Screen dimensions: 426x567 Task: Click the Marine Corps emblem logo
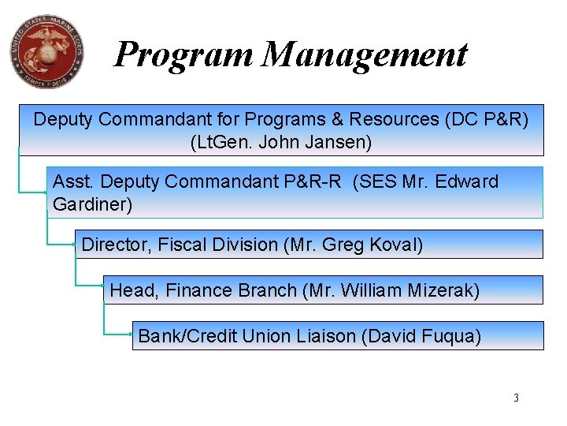point(46,51)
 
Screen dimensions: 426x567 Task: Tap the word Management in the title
point(365,54)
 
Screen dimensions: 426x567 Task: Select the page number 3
point(516,398)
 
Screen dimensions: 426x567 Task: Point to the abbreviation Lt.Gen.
point(220,143)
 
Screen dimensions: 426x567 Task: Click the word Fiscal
point(186,245)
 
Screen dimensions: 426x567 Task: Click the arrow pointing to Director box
point(72,244)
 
